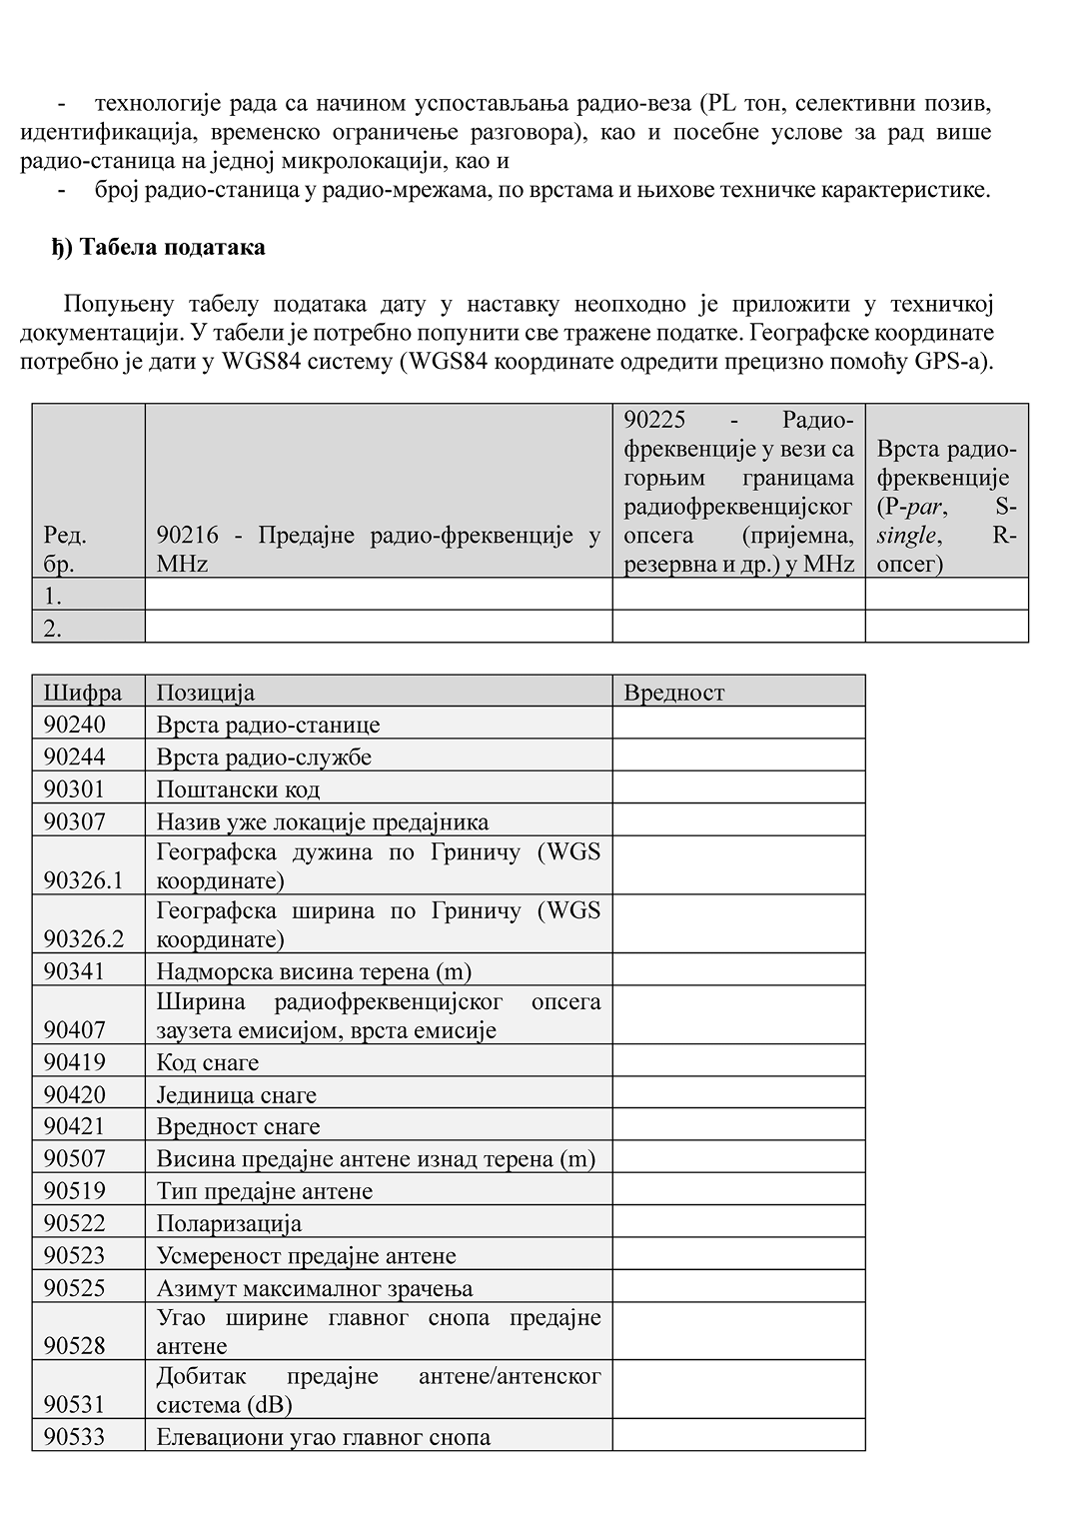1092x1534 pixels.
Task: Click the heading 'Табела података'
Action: (x=160, y=247)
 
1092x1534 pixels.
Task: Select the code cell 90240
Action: (x=75, y=724)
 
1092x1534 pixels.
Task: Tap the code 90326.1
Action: (x=84, y=880)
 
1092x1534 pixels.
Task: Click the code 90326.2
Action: (x=84, y=938)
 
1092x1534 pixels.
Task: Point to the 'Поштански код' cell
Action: (x=239, y=788)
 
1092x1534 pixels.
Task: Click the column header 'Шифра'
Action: (x=83, y=692)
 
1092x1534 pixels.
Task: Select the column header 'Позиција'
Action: (x=206, y=692)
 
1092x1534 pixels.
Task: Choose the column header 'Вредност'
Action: (x=674, y=692)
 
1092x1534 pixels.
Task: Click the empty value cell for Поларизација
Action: (x=738, y=1222)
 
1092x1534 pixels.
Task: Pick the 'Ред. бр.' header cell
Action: (x=66, y=549)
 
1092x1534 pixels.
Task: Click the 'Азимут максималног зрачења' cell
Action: (x=315, y=1287)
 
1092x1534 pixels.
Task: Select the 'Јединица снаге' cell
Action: (x=237, y=1094)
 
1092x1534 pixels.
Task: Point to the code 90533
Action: (x=75, y=1436)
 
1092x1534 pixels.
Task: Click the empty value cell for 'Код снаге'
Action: (x=738, y=1061)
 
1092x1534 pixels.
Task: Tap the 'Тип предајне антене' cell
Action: (x=265, y=1190)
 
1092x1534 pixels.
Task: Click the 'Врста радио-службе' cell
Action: (x=265, y=757)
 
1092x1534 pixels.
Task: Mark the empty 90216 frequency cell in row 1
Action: (x=378, y=595)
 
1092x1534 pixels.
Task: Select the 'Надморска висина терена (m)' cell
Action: (x=314, y=970)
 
